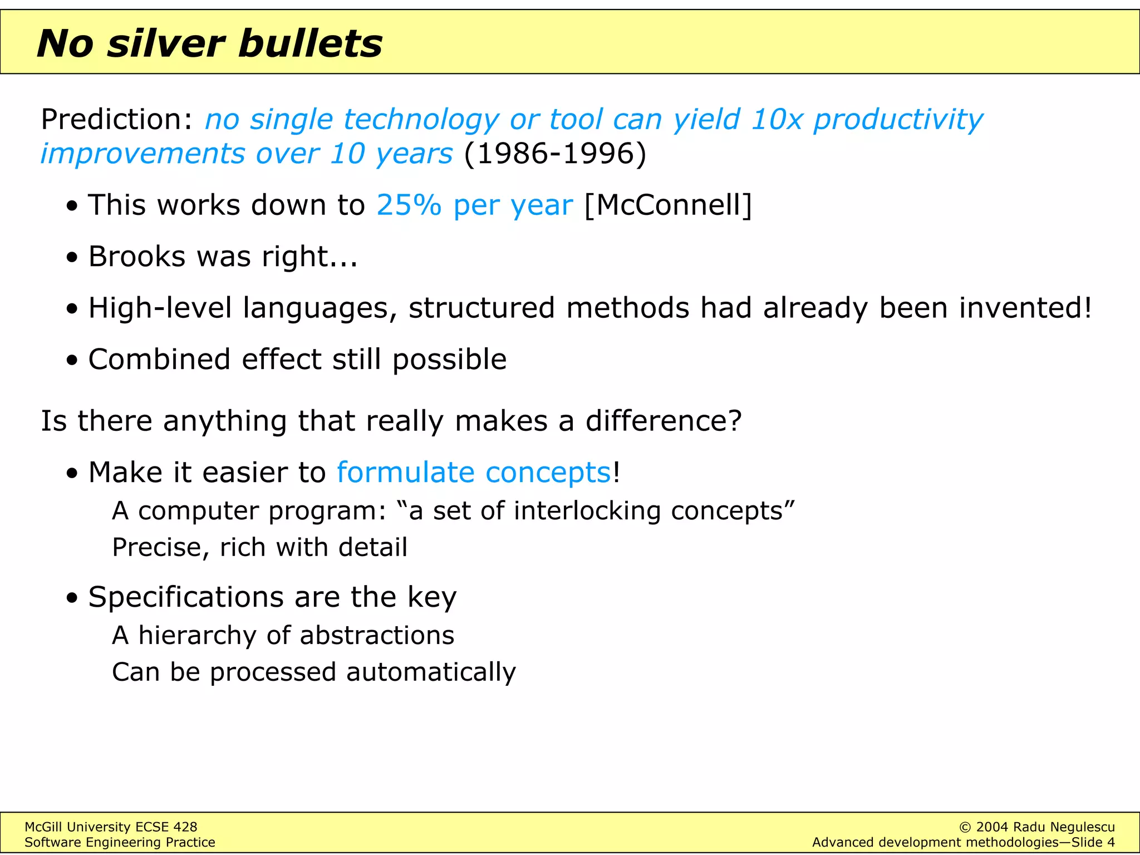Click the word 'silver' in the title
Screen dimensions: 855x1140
(x=166, y=43)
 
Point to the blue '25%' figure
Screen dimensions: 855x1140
(x=409, y=205)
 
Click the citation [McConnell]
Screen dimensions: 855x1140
(x=668, y=205)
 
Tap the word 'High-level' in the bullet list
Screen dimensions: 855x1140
(x=160, y=308)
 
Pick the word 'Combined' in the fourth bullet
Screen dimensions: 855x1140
(x=159, y=359)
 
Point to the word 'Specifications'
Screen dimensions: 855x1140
(x=186, y=597)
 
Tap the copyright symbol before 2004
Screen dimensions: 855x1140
(x=965, y=827)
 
